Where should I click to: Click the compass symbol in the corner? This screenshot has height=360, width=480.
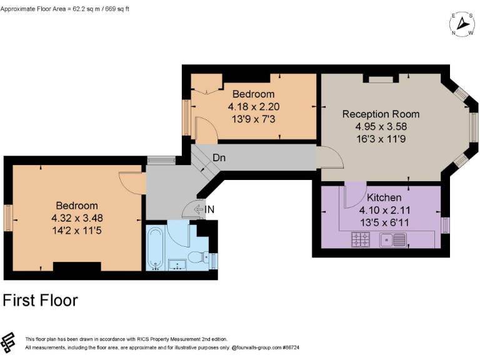pyautogui.click(x=462, y=24)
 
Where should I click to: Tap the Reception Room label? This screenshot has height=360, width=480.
pyautogui.click(x=381, y=114)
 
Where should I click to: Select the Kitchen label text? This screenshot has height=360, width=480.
pyautogui.click(x=384, y=197)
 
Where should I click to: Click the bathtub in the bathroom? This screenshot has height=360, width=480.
pyautogui.click(x=156, y=248)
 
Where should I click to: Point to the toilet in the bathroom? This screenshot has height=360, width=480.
pyautogui.click(x=198, y=256)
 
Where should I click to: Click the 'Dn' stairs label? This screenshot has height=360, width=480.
pyautogui.click(x=219, y=158)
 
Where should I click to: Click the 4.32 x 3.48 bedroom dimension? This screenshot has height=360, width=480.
pyautogui.click(x=77, y=218)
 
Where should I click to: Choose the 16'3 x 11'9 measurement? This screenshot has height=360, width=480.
pyautogui.click(x=381, y=137)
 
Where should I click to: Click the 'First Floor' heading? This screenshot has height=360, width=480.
pyautogui.click(x=41, y=301)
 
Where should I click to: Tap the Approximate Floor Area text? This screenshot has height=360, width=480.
pyautogui.click(x=65, y=9)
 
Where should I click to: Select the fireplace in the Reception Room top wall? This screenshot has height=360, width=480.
pyautogui.click(x=379, y=79)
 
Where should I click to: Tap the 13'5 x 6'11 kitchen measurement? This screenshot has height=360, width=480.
pyautogui.click(x=384, y=221)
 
